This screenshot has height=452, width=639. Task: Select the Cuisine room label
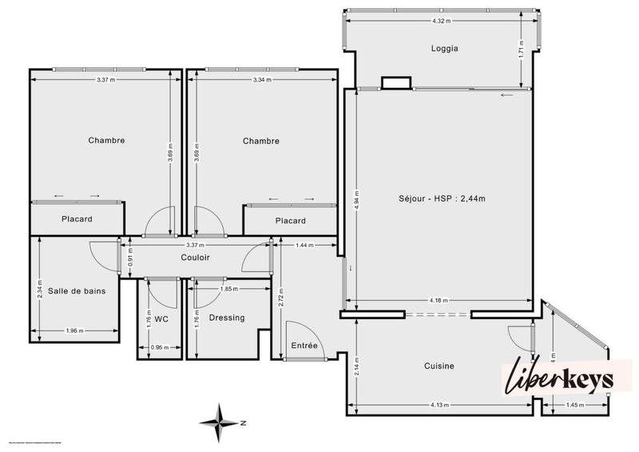pyautogui.click(x=439, y=366)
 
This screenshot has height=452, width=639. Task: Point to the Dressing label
pyautogui.click(x=227, y=318)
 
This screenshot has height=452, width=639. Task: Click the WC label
pyautogui.click(x=161, y=318)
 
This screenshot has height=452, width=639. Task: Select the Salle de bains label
pyautogui.click(x=77, y=291)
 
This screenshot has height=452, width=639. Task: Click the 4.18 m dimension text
pyautogui.click(x=439, y=301)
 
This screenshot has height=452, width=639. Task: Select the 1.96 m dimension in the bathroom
pyautogui.click(x=77, y=331)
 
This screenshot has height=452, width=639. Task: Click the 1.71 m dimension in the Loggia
pyautogui.click(x=521, y=54)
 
